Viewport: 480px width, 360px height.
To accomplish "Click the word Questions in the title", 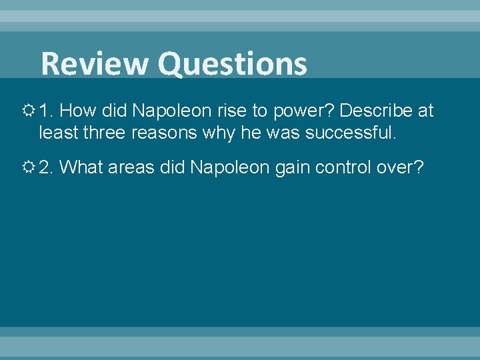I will click(233, 65).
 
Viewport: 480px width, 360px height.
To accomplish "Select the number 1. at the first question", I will click(47, 110).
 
